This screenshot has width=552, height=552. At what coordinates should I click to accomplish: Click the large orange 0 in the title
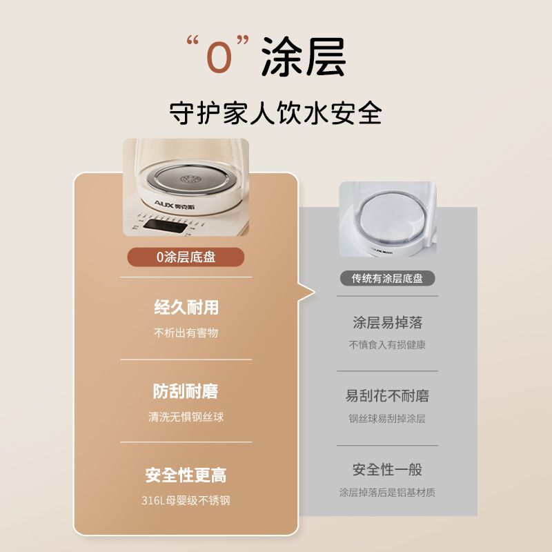[219, 57]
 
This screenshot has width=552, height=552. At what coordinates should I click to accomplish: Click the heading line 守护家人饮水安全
[275, 112]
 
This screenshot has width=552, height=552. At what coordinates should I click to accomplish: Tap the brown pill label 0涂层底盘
[186, 257]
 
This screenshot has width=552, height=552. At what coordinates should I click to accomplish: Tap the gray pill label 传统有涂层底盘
[387, 279]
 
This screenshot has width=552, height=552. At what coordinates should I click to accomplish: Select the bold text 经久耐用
[186, 307]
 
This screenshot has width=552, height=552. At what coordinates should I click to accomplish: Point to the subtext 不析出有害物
[186, 333]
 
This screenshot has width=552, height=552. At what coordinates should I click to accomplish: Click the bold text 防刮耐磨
[186, 391]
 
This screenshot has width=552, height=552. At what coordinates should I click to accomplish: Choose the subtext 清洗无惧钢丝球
[186, 417]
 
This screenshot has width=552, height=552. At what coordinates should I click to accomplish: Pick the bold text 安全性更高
[186, 475]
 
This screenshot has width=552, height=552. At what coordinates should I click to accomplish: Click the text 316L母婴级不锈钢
[186, 500]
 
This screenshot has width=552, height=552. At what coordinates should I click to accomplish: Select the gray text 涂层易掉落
[387, 322]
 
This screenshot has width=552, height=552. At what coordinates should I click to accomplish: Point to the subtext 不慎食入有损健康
[387, 344]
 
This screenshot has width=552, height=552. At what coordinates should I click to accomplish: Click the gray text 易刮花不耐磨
[387, 395]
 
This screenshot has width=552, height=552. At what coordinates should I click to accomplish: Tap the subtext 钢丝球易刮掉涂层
[387, 418]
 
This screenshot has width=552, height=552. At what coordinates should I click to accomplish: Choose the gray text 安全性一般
[387, 469]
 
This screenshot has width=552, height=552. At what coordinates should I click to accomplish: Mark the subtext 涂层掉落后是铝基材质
[387, 492]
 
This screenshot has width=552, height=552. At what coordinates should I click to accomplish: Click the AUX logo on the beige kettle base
[175, 204]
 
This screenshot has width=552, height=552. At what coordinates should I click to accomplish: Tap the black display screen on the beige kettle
[165, 226]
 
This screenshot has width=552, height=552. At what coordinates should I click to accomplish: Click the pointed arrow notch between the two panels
[306, 292]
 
